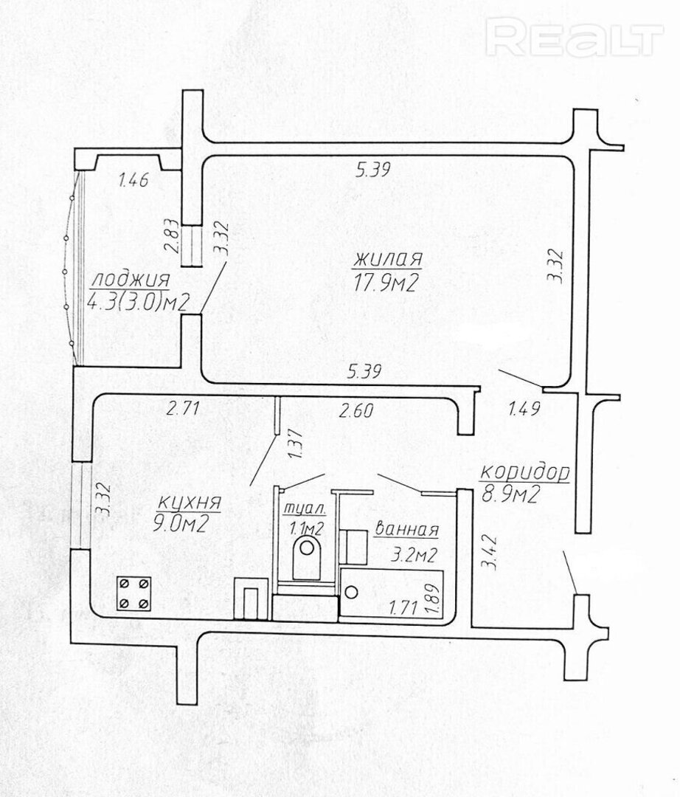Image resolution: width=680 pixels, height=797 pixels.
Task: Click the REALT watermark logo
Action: [x=575, y=36]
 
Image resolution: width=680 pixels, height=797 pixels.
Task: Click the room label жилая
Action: [x=387, y=259]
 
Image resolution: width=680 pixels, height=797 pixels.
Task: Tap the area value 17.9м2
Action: [x=386, y=282]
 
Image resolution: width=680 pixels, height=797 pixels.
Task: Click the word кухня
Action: [x=189, y=503]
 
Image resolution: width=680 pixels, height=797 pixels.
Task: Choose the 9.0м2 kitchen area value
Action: [x=180, y=523]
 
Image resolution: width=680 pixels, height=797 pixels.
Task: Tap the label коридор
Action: [x=524, y=474]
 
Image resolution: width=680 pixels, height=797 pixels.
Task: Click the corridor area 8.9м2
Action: [x=510, y=494]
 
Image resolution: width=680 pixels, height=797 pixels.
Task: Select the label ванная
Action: [x=406, y=530]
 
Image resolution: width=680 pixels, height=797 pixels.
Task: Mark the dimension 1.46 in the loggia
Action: [x=133, y=179]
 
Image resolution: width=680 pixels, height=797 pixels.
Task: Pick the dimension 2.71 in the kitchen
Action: [x=182, y=408]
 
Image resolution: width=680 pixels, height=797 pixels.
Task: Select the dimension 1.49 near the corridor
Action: [x=524, y=408]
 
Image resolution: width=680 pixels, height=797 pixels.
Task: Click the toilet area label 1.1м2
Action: [x=306, y=528]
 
